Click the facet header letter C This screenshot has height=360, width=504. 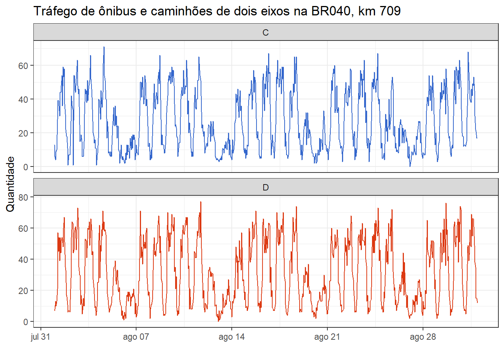pos(265,33)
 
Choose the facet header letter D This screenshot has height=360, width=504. pos(265,187)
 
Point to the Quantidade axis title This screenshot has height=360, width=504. pos(10,184)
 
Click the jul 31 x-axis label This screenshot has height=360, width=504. pos(40,337)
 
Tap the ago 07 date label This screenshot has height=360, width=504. pos(136,337)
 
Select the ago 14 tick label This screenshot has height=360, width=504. pos(232,337)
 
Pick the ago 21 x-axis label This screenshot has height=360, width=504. pos(327,337)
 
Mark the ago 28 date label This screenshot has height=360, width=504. pos(423,337)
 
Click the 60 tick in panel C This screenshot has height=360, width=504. pos(23,66)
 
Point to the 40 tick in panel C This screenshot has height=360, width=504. pos(23,99)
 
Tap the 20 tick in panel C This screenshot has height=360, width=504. pos(23,133)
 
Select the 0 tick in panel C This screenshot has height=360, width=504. pos(25,167)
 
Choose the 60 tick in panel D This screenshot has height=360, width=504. pos(23,228)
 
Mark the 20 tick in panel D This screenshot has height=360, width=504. pos(23,290)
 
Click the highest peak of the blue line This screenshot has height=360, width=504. pos(104,47)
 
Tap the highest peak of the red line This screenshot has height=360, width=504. pos(201,202)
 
